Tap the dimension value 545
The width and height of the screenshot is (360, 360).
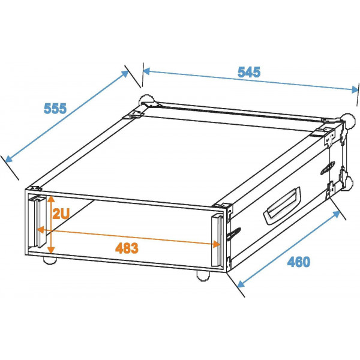(x=248, y=72)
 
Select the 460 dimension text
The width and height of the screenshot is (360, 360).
(x=298, y=262)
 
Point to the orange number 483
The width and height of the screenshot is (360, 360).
(x=126, y=247)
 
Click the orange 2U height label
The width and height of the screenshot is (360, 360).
(x=62, y=214)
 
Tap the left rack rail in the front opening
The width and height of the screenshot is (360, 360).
(x=38, y=223)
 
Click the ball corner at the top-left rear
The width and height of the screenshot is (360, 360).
(x=145, y=101)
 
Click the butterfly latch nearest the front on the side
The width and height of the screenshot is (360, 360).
(x=236, y=231)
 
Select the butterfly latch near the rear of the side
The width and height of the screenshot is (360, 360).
(x=331, y=166)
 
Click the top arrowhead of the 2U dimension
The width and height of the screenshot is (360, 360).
(x=52, y=197)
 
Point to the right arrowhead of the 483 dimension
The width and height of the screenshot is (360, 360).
(x=215, y=244)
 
